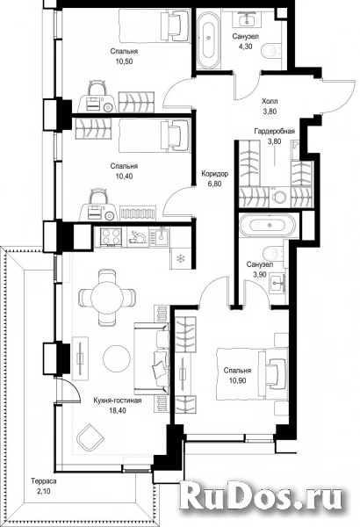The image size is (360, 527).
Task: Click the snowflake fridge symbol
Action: (181, 258)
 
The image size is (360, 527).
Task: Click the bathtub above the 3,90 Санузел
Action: (268, 225)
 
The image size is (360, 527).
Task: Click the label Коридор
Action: (215, 174)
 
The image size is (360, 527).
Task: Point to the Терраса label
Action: (44, 481)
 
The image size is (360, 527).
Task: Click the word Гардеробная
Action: (274, 131)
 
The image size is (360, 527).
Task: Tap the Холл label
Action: (270, 101)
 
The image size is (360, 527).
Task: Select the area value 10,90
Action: (237, 380)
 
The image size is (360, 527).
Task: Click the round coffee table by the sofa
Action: (116, 358)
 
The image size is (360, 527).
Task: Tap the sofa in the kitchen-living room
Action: (152, 358)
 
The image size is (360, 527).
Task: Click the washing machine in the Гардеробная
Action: (279, 196)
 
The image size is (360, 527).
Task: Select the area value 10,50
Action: (124, 61)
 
